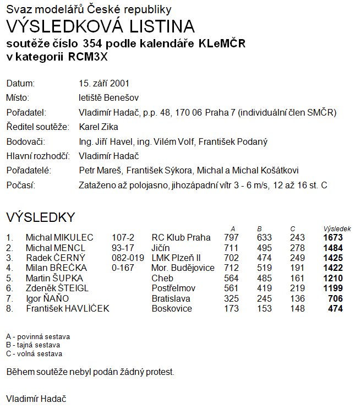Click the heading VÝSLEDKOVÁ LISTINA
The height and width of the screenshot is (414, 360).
100,26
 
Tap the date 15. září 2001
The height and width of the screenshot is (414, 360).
105,84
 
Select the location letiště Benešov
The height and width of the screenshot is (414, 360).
109,98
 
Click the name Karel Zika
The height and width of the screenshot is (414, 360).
99,127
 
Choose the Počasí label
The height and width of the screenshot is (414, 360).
20,184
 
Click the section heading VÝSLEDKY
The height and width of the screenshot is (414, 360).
40,216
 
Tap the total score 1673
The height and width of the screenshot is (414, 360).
333,238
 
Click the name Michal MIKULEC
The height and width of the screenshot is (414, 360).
59,238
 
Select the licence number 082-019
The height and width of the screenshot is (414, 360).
128,258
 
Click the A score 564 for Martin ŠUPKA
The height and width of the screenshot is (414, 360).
231,278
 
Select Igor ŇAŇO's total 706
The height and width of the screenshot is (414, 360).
335,298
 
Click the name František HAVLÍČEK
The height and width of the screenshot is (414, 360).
67,308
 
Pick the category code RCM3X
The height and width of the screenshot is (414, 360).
92,57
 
